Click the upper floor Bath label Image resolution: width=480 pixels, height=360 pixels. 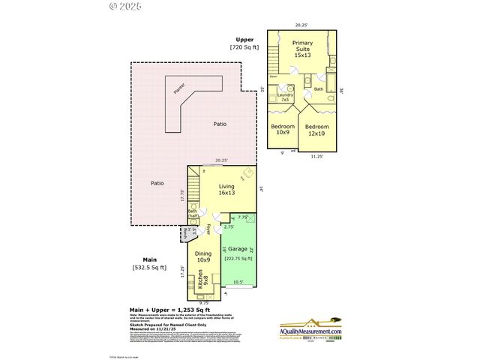[x=319, y=89]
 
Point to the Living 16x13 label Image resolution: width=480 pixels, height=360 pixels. [x=227, y=189]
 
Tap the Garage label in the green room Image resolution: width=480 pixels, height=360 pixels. [x=239, y=247]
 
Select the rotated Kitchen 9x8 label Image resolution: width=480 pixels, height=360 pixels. [x=203, y=282]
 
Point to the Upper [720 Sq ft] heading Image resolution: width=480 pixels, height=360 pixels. [x=244, y=43]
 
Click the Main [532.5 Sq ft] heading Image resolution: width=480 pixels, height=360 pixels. [x=149, y=263]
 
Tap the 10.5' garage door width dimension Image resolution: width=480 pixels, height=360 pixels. [x=239, y=283]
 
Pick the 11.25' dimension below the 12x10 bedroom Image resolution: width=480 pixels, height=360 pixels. [x=316, y=156]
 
